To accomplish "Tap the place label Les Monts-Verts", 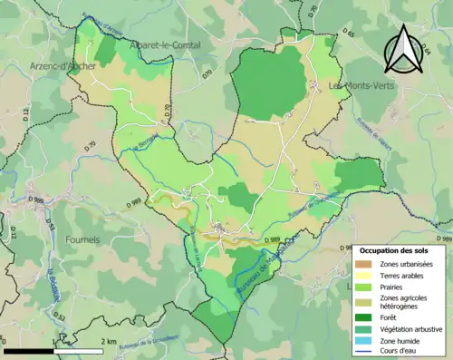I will tap(361, 86).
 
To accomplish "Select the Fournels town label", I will tap(88, 239).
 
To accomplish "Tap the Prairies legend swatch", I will tap(363, 286).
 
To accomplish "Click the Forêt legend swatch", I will tap(363, 318).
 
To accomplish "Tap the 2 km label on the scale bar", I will tap(105, 341).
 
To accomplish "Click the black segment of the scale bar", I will tap(29, 350).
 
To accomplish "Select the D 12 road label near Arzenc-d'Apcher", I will tap(25, 113).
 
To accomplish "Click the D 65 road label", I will tap(350, 34).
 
